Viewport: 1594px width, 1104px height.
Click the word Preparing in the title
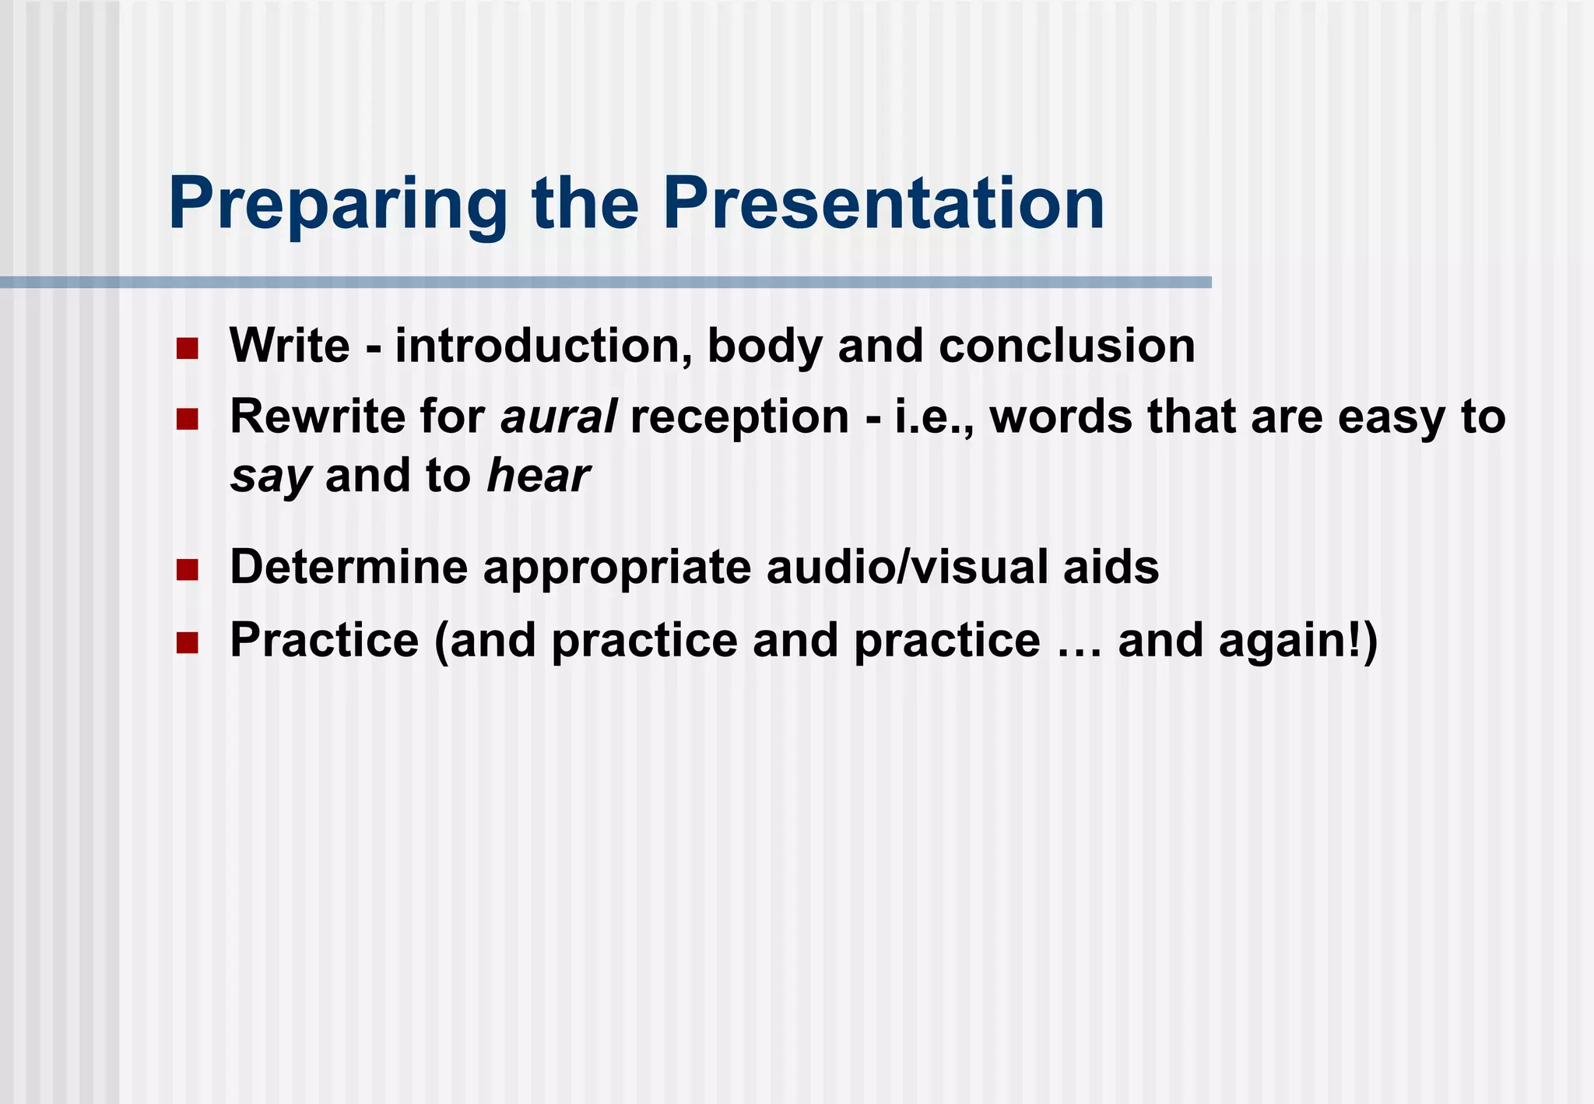[x=337, y=204]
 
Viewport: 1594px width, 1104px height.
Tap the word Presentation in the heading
[x=883, y=204]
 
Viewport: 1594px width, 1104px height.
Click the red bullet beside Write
[x=187, y=348]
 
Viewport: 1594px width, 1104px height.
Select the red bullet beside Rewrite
[x=187, y=420]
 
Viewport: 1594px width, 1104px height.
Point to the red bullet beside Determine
[x=187, y=570]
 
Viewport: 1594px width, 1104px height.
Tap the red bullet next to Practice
[x=187, y=643]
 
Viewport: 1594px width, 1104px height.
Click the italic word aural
[x=559, y=417]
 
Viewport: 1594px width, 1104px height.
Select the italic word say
[x=271, y=476]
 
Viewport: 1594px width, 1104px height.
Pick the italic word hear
[x=538, y=476]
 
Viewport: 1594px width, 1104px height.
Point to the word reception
[x=739, y=418]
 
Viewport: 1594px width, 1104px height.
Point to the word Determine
[x=349, y=567]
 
